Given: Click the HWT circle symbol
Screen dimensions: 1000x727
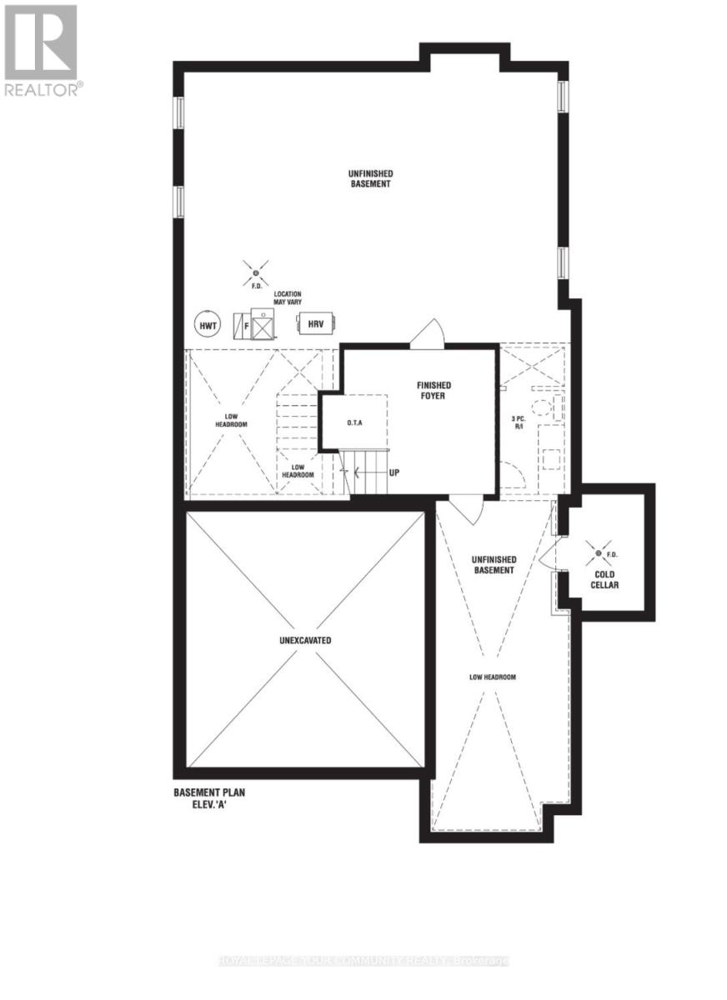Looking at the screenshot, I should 207,325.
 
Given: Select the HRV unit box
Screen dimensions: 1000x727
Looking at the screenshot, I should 315,323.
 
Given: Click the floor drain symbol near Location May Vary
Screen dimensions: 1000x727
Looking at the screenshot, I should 256,272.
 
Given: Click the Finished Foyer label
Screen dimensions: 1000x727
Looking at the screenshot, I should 434,390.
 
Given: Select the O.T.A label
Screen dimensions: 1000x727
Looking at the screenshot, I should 355,422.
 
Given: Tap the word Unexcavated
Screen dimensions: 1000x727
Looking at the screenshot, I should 305,641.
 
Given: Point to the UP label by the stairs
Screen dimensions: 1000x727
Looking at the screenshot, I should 394,472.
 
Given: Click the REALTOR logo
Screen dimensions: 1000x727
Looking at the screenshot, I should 43,51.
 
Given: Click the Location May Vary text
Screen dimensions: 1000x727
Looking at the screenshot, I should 287,299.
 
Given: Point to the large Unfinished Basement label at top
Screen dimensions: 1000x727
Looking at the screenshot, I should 370,178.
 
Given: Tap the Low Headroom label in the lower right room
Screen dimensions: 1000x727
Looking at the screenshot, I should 492,677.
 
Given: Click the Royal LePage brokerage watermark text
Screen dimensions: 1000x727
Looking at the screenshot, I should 363,962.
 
